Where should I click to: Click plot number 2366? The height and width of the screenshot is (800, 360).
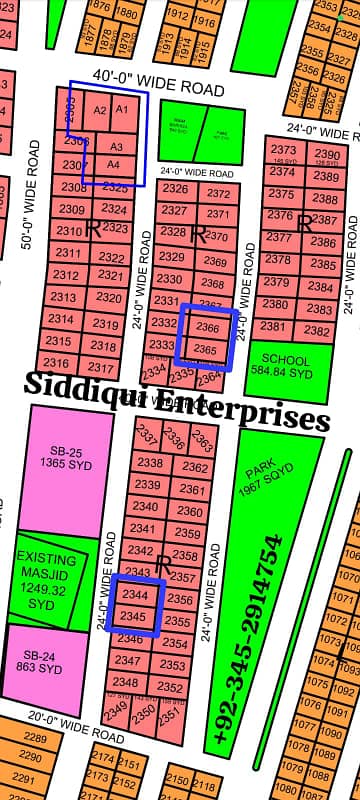208,328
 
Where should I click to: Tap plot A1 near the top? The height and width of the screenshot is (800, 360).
122,108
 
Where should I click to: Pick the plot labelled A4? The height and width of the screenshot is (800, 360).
114,163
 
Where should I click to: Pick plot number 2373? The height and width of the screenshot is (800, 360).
283,150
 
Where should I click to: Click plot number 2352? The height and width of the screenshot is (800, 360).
172,687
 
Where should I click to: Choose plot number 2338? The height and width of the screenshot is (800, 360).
150,462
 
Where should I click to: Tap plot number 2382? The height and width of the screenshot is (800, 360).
317,331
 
